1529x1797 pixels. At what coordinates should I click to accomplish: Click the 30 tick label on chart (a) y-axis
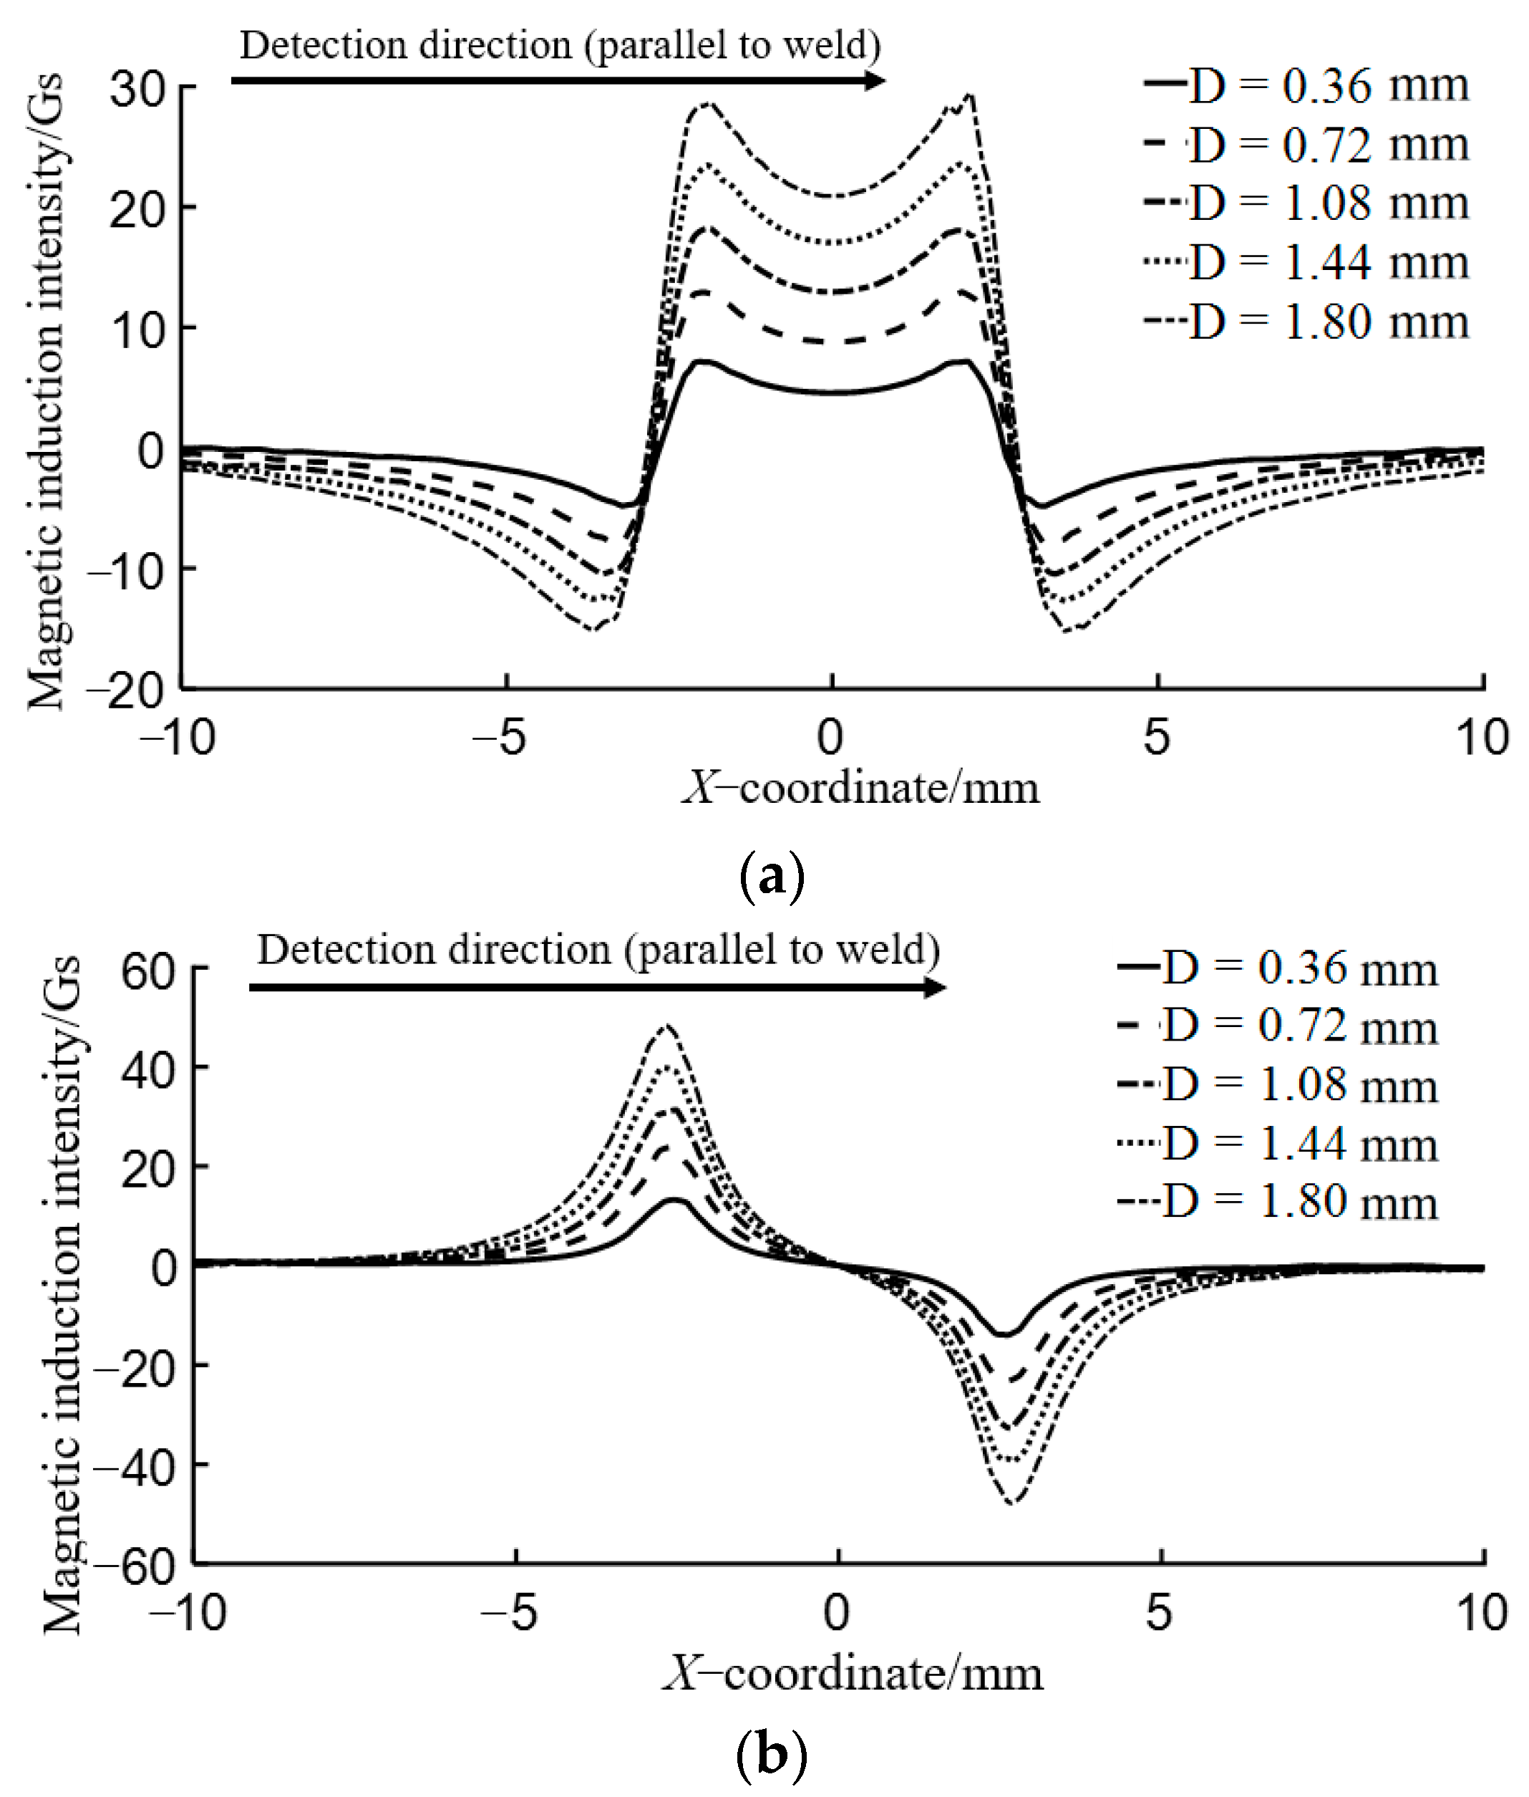coord(137,89)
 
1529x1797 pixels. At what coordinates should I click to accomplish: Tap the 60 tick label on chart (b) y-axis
coord(149,971)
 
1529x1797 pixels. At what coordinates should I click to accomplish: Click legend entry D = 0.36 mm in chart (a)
coord(1307,86)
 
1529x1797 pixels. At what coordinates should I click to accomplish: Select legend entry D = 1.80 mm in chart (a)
coord(1307,322)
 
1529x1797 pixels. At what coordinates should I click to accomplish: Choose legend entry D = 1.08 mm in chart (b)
coord(1278,1085)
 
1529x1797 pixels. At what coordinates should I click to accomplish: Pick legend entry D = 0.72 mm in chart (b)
coord(1278,1026)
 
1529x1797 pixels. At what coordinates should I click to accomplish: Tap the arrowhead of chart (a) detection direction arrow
coord(875,81)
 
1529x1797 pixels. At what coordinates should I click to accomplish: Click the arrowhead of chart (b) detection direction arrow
coord(936,988)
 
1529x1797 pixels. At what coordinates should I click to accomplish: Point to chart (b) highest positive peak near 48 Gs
coord(666,1028)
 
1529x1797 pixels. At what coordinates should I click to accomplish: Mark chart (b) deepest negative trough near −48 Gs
coord(1012,1502)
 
